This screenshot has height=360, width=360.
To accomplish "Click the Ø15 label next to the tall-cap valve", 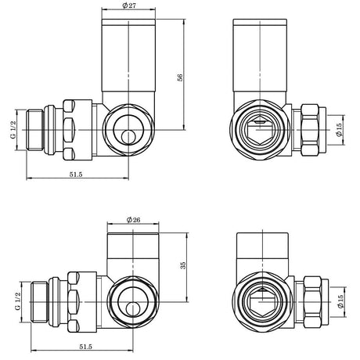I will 337,129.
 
